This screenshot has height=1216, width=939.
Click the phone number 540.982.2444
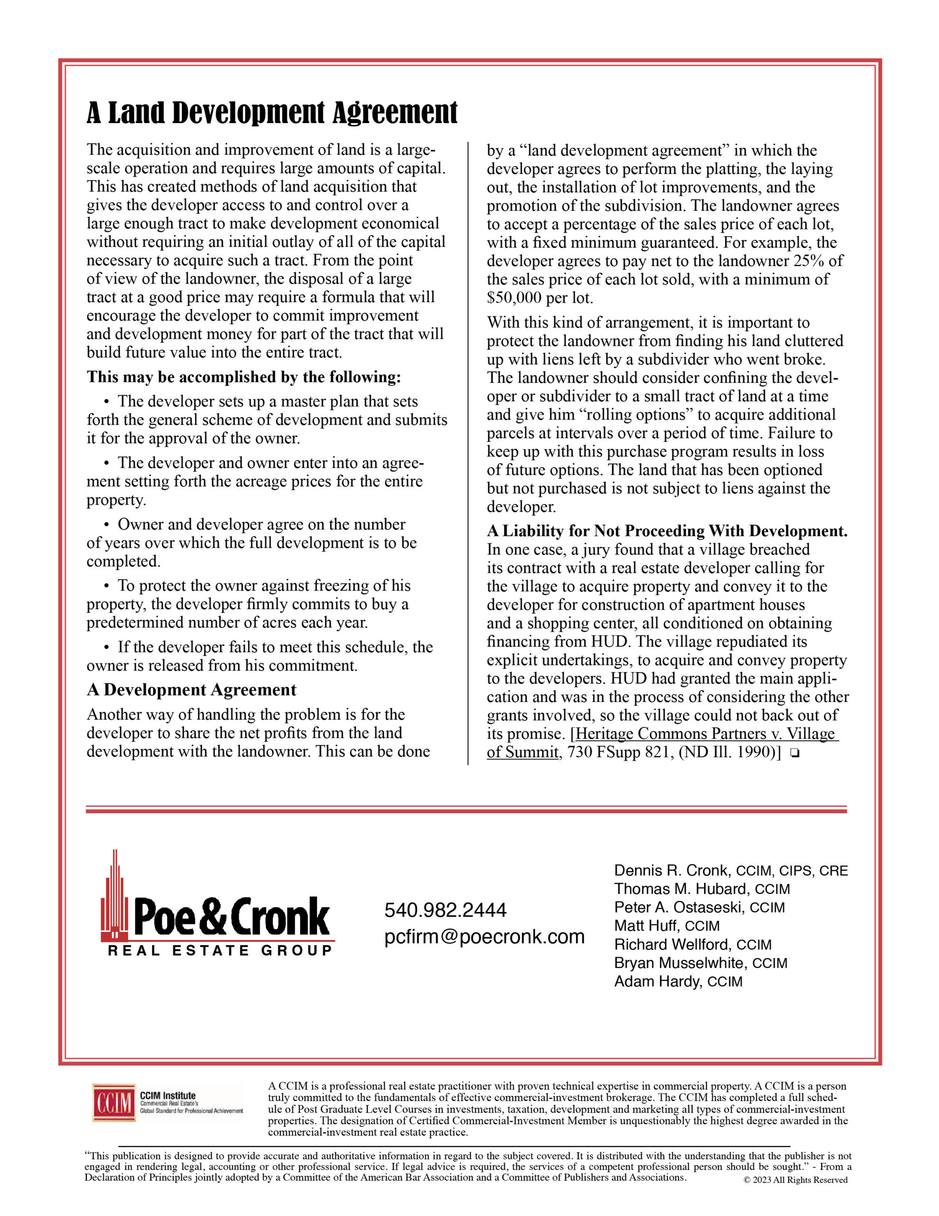pos(445,910)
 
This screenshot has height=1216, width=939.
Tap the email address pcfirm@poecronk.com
pos(484,937)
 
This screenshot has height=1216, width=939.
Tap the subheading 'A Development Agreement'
pos(191,690)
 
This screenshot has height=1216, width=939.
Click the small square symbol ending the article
pos(794,753)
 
